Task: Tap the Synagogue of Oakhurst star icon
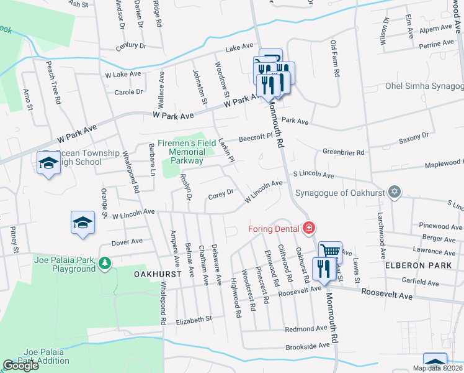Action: [x=393, y=190]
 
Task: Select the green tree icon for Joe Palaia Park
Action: [x=104, y=264]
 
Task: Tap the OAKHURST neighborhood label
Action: [x=158, y=274]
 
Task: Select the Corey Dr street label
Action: [x=220, y=194]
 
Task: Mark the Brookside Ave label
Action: [x=308, y=346]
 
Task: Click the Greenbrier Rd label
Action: [x=343, y=152]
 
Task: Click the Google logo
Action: [x=20, y=366]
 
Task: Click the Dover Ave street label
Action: [x=127, y=241]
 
